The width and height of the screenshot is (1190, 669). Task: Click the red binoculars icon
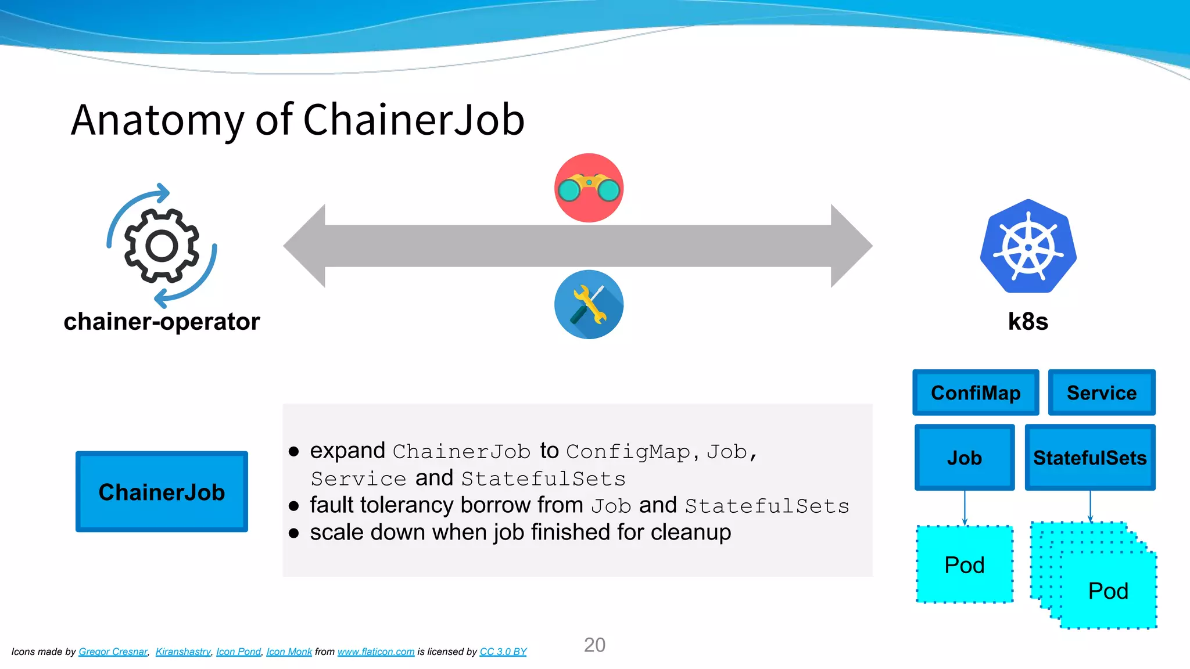coord(589,188)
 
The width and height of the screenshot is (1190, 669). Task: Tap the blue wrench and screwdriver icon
coord(589,304)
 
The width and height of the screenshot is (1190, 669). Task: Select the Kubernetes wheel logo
coord(1028,247)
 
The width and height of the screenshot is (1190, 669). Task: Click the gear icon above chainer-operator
coord(162,246)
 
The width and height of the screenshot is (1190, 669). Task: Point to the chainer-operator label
coord(162,321)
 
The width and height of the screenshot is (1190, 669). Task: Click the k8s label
coord(1028,321)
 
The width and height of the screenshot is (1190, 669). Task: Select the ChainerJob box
coord(162,491)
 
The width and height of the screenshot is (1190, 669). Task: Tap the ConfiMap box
coord(976,393)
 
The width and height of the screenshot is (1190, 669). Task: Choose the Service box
coord(1101,393)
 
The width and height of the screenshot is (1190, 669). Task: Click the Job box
coord(965,458)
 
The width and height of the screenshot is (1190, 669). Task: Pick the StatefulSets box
coord(1089,458)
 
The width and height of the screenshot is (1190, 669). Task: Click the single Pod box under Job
coord(965,564)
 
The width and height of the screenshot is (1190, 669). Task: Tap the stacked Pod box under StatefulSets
coord(1107,591)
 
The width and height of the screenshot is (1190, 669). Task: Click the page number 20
coord(594,645)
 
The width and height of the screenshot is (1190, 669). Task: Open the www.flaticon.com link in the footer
coord(376,652)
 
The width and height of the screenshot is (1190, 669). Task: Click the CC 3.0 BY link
coord(503,652)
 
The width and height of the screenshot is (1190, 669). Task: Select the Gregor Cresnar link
coord(113,652)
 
